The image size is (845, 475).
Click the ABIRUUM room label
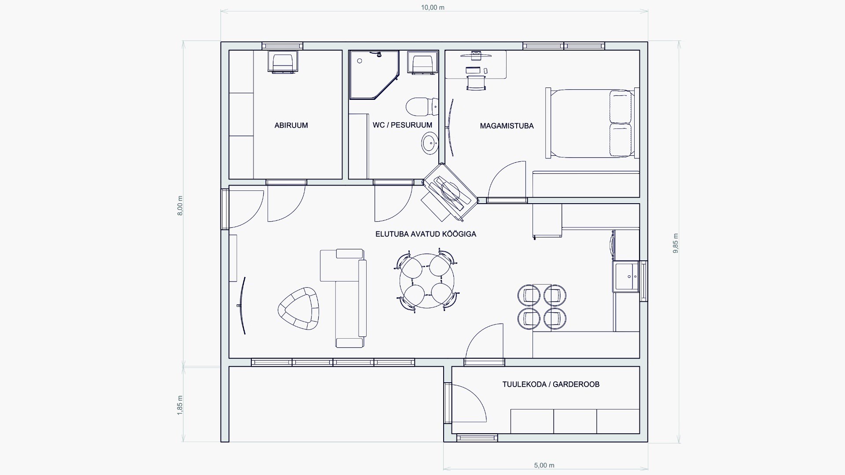[x=291, y=125]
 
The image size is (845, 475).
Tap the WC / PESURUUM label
[x=402, y=125]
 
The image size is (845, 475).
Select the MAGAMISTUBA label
[x=507, y=126]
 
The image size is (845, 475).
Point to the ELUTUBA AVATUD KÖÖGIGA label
[x=426, y=234]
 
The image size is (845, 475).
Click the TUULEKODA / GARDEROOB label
[x=551, y=384]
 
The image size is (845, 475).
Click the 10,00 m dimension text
[x=433, y=7]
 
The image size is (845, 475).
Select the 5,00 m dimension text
[x=544, y=465]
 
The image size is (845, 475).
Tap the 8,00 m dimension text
[x=180, y=205]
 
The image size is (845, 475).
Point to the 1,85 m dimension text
[x=180, y=405]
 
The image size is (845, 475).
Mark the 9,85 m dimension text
[x=675, y=243]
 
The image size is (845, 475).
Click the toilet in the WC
[x=422, y=106]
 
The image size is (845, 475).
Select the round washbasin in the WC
[x=430, y=143]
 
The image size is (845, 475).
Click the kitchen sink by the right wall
[x=627, y=277]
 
